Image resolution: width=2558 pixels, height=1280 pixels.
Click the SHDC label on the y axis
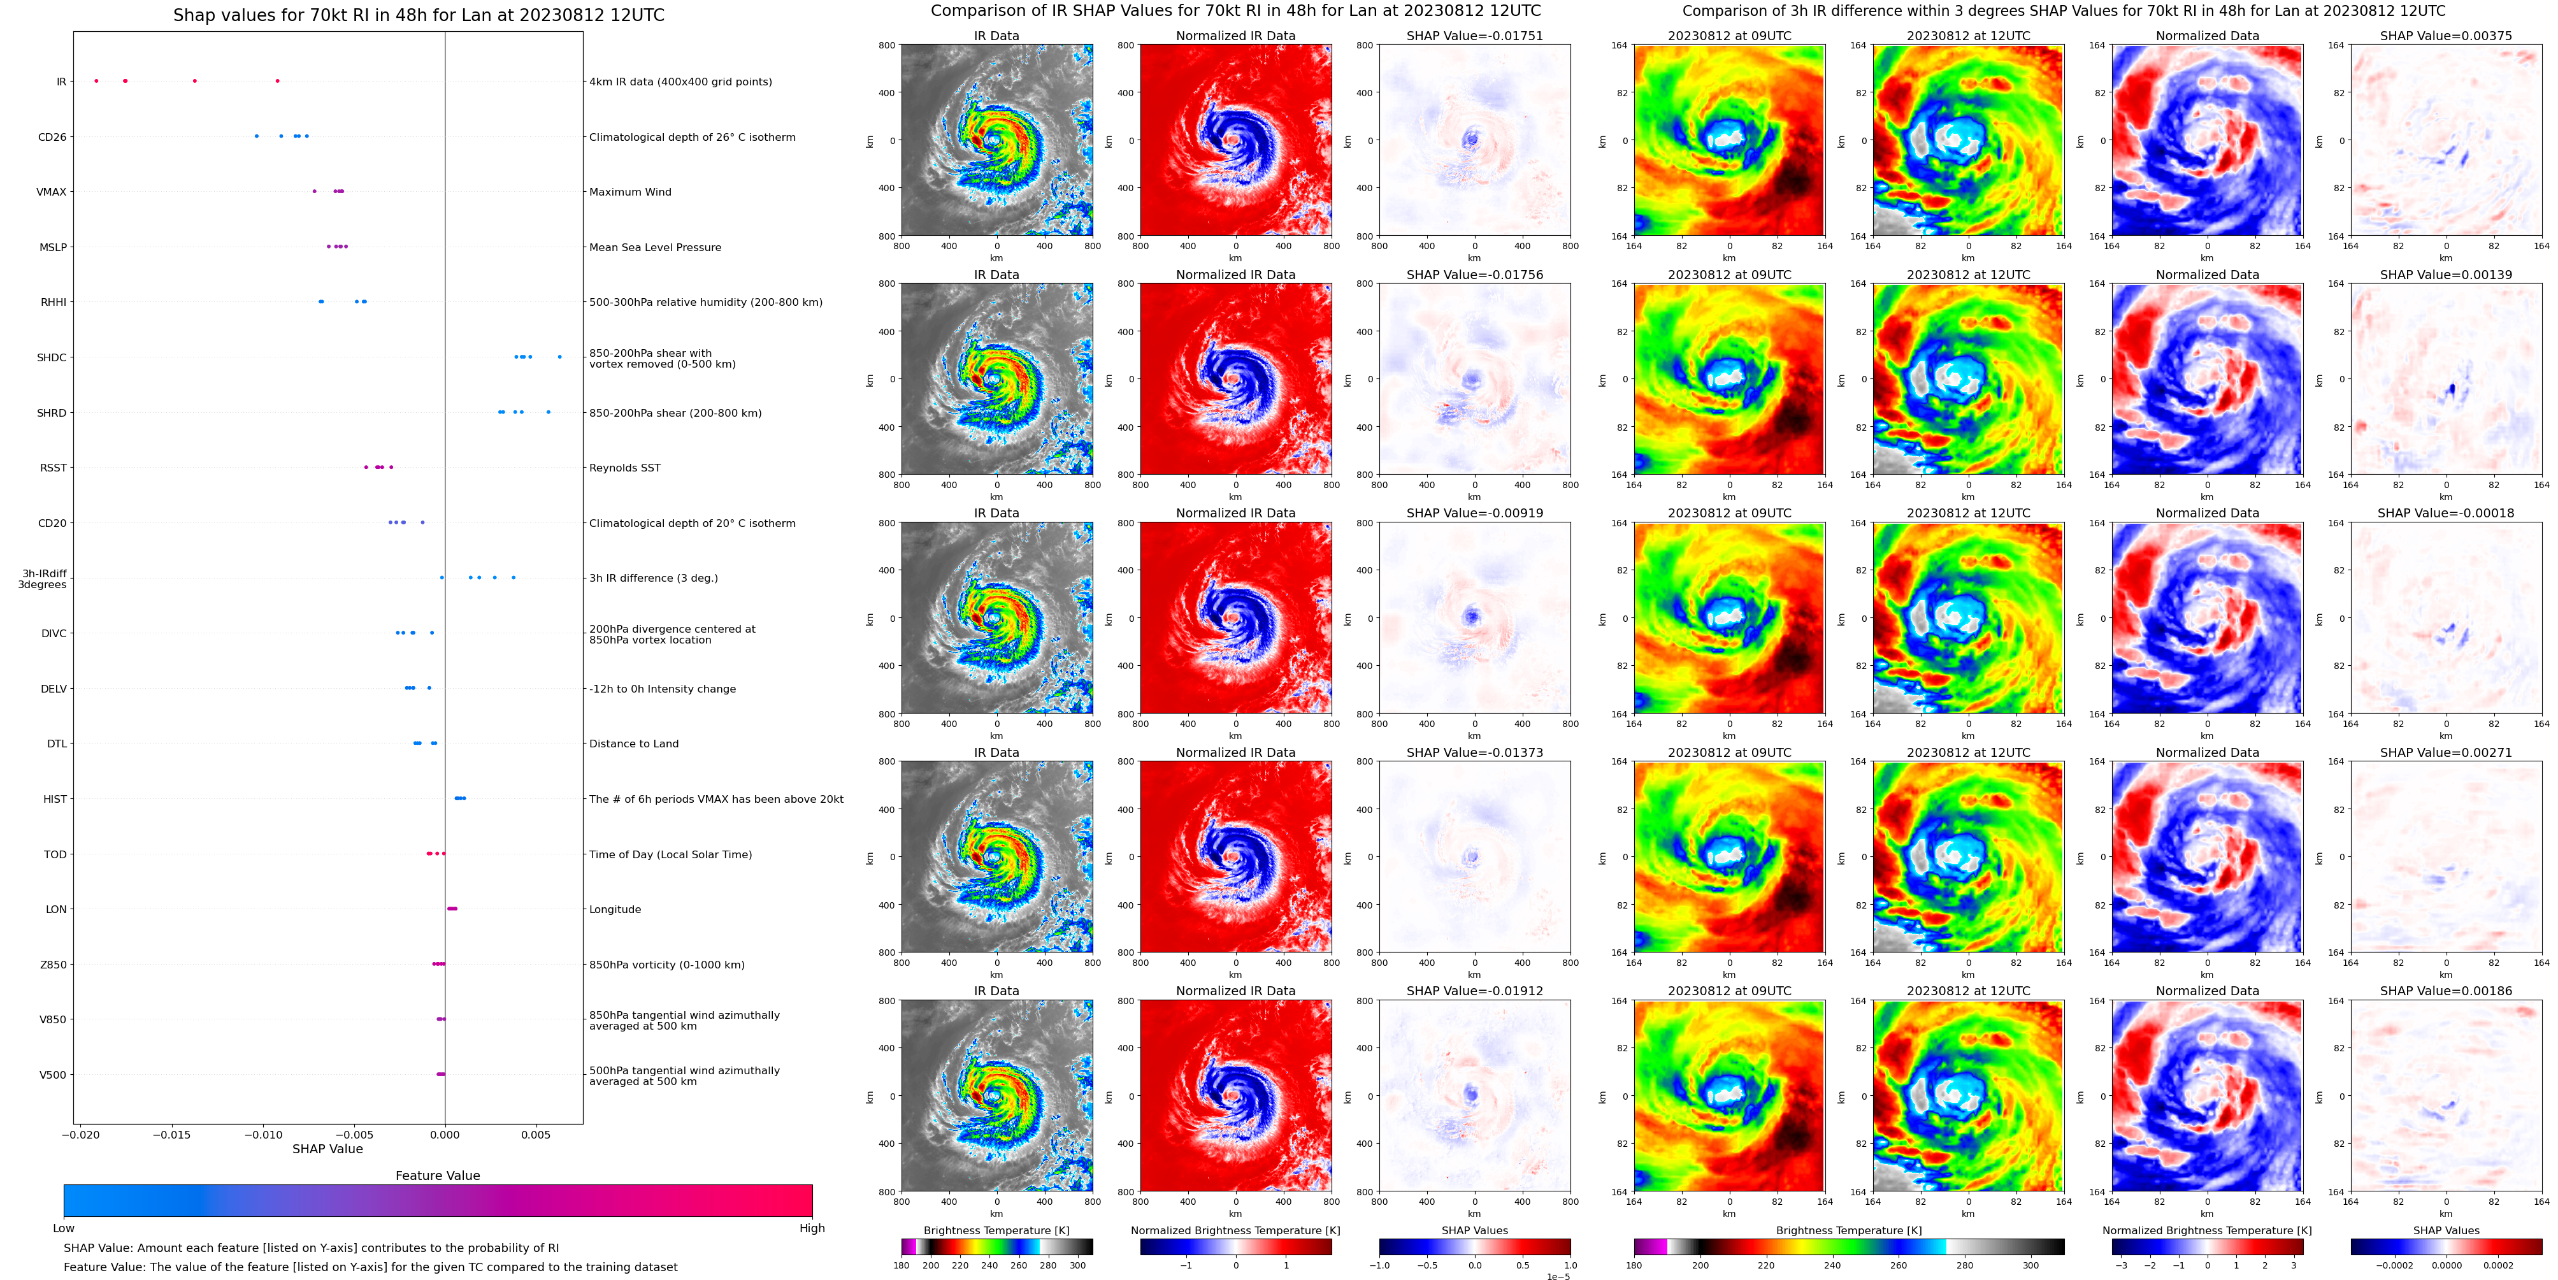click(52, 357)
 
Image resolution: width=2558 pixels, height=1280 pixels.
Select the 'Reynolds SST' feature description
click(624, 468)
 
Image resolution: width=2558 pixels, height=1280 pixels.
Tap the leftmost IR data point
click(96, 80)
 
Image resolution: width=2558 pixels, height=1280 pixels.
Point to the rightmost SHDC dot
click(559, 357)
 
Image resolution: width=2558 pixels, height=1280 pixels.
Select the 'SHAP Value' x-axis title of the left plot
click(327, 1149)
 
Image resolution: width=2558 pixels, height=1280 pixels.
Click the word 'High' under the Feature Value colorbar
click(811, 1228)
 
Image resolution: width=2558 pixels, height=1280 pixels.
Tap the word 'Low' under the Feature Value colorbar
click(64, 1228)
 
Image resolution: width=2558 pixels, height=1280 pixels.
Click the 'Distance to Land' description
click(633, 744)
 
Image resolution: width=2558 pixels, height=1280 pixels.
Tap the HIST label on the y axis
click(55, 800)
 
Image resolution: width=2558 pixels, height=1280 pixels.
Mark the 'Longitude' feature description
click(615, 910)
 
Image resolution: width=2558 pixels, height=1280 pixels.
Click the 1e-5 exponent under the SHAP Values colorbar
click(1558, 1276)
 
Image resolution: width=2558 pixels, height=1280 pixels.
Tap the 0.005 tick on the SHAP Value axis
click(535, 1134)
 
